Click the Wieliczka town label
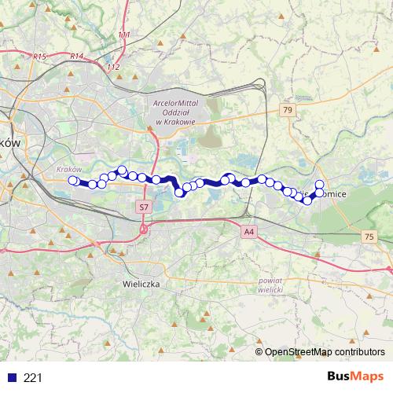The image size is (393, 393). [142, 281]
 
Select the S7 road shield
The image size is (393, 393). [143, 206]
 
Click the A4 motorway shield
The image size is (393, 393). [249, 231]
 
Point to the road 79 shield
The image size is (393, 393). [288, 111]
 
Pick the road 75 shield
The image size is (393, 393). [369, 237]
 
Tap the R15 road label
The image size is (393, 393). [42, 57]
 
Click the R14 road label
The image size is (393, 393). [76, 56]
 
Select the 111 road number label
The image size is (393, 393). [124, 35]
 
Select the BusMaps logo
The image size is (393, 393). [358, 377]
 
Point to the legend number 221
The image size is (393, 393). [33, 378]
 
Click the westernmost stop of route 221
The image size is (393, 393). [73, 181]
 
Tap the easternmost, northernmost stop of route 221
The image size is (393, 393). [320, 185]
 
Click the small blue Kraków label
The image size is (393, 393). [70, 169]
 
